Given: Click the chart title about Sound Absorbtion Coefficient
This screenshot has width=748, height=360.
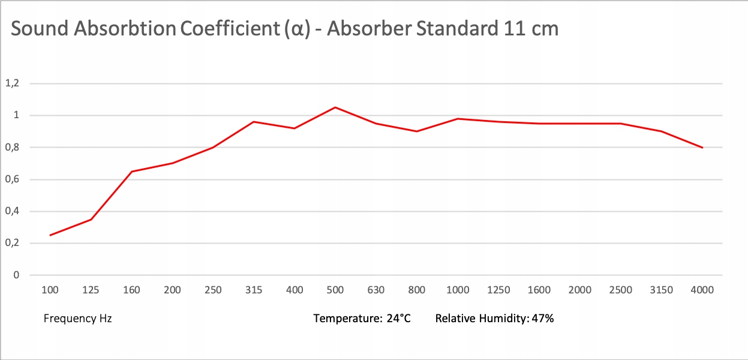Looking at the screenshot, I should click(285, 29).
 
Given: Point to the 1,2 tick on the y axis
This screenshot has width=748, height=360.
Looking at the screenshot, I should click(12, 83).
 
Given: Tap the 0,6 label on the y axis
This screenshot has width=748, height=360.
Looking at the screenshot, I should click(12, 179).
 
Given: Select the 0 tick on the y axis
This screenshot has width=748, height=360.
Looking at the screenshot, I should click(16, 275).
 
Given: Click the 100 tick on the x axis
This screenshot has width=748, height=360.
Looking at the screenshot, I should click(50, 290).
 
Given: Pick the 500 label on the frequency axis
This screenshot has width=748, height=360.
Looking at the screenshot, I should click(335, 290).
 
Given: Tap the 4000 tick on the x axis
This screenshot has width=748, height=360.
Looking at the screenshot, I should click(702, 290).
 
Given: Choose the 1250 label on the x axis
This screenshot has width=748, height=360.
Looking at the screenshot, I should click(498, 290).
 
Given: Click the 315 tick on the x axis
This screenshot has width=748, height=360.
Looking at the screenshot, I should click(254, 290).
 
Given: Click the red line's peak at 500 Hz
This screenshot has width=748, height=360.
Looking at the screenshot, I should click(335, 107).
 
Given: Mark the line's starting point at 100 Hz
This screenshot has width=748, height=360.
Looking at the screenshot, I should click(50, 235).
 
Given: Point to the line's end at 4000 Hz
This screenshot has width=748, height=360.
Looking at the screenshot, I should click(702, 147).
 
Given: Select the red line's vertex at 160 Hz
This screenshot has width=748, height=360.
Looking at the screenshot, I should click(131, 172).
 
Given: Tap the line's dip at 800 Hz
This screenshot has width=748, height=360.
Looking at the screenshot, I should click(417, 131).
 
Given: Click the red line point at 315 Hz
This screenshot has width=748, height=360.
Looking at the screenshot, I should click(254, 122).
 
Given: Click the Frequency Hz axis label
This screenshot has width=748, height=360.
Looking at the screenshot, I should click(78, 319).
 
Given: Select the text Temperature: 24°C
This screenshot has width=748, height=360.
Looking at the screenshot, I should click(362, 319).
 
